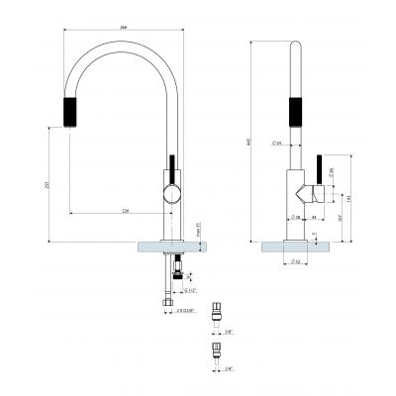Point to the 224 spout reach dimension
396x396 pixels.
tap(125, 210)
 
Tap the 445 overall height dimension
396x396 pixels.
tap(248, 142)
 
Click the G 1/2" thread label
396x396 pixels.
tap(190, 290)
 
